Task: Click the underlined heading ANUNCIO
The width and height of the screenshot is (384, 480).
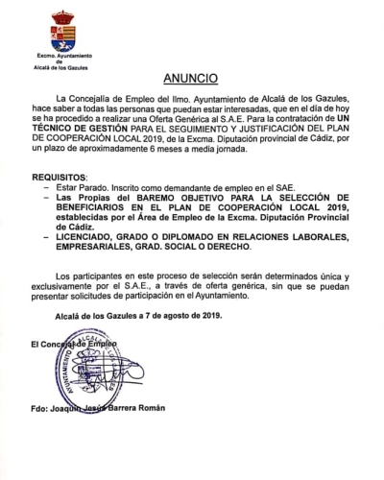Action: point(190,76)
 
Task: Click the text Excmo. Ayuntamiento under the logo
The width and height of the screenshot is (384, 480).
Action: point(59,59)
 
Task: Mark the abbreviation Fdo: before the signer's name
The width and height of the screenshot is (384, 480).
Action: point(40,407)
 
